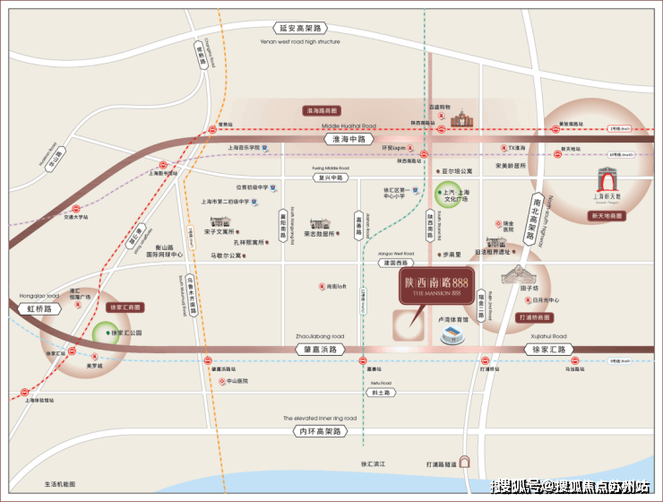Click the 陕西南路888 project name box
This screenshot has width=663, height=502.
435,284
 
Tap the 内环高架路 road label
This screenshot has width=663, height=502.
320,431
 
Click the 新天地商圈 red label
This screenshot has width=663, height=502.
611,215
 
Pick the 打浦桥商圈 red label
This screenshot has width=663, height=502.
536,318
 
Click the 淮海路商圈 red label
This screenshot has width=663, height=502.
325,110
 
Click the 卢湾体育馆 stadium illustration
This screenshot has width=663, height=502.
451,334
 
